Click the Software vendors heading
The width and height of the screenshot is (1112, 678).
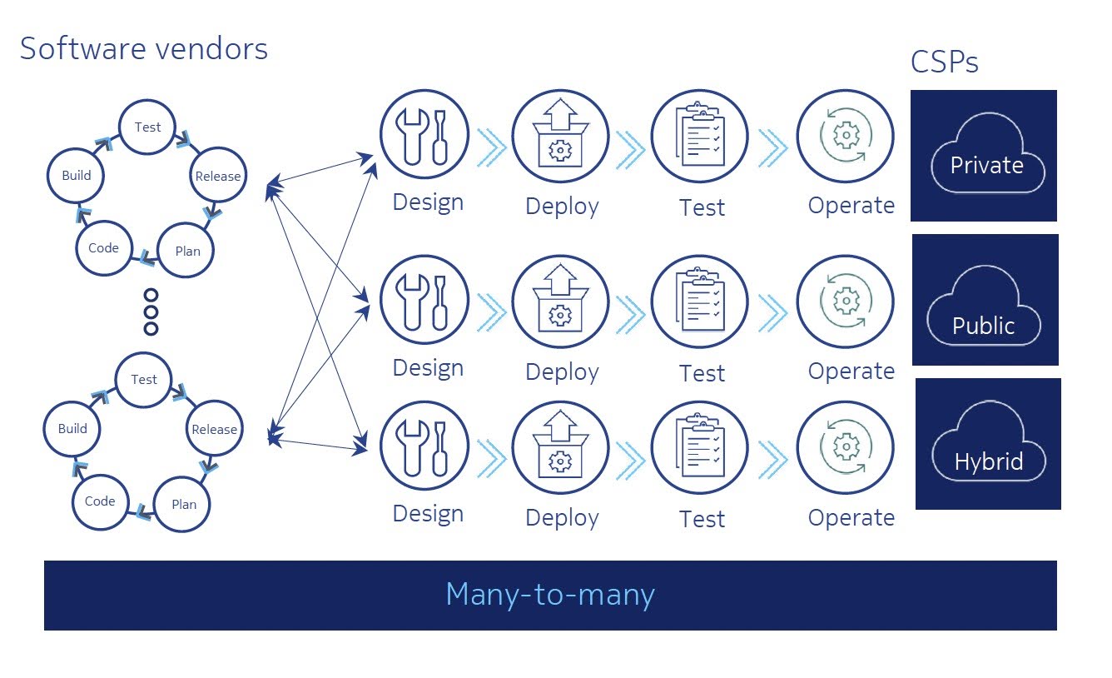click(144, 49)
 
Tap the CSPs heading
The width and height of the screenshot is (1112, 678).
click(944, 62)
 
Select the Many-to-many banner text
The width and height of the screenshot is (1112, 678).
click(550, 595)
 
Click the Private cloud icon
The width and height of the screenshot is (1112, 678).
click(985, 156)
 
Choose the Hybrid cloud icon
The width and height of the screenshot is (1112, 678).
click(988, 444)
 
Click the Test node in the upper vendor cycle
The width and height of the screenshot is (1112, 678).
click(147, 127)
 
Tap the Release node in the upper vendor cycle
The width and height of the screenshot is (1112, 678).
click(217, 176)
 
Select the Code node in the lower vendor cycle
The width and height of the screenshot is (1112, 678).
click(100, 501)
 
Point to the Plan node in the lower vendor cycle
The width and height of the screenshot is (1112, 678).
click(184, 504)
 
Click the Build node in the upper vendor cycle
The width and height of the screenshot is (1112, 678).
click(77, 176)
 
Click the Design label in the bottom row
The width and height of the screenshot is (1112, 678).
click(428, 514)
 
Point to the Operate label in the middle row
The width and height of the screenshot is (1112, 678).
click(851, 371)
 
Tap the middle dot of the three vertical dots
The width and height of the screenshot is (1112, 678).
click(151, 312)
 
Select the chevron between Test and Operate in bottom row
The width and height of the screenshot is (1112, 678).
click(772, 460)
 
